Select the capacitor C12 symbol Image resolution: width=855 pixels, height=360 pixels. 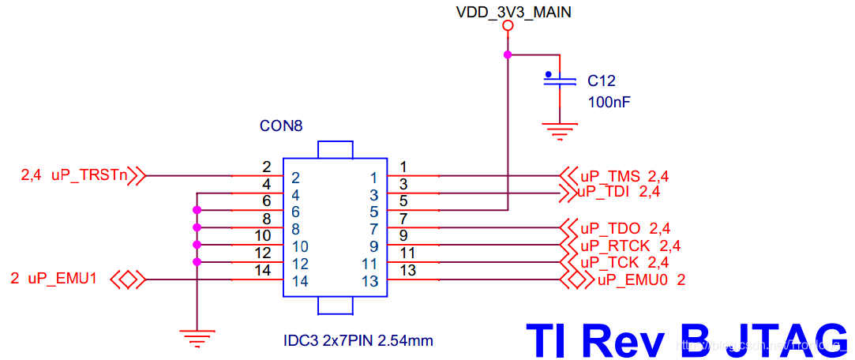[560, 80]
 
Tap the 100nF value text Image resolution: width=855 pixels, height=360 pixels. [609, 102]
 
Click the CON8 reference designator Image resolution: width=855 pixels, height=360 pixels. [281, 126]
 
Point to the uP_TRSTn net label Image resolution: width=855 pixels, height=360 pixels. [89, 175]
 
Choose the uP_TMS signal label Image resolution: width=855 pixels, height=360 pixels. [613, 176]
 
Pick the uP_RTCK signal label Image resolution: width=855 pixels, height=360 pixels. [618, 246]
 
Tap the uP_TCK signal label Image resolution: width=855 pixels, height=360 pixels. [613, 262]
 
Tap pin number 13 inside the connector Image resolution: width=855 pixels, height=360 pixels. [370, 281]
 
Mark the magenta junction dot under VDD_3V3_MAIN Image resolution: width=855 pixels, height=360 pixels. [508, 54]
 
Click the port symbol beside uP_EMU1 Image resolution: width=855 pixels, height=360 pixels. [127, 279]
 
